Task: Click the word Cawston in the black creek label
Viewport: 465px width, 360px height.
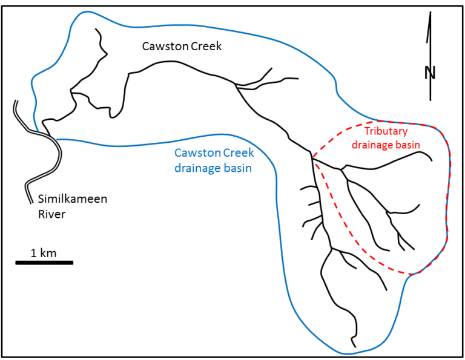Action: pos(162,46)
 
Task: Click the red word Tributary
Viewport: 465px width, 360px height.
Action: pos(387,131)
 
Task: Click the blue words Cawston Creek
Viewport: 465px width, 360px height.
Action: pos(214,154)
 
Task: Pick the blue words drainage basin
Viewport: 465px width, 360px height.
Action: pos(213,168)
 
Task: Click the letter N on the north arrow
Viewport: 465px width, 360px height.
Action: pos(430,73)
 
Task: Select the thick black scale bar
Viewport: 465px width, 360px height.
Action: pos(44,263)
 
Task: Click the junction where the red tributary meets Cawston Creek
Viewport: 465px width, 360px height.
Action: pos(312,158)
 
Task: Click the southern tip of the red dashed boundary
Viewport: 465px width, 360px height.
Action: pos(412,275)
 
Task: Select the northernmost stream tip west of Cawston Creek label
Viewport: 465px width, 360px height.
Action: pos(96,29)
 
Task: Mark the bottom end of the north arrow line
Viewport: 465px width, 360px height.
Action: pos(430,100)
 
